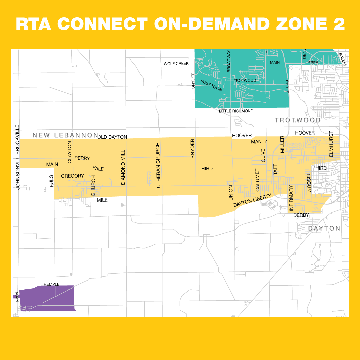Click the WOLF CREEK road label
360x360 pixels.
(x=176, y=64)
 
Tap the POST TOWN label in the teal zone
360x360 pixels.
(x=211, y=86)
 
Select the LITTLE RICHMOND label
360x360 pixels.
(x=236, y=111)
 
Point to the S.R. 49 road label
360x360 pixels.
(x=287, y=87)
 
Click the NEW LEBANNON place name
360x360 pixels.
(x=65, y=135)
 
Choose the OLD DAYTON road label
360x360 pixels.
(x=113, y=137)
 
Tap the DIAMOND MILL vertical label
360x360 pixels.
(x=123, y=167)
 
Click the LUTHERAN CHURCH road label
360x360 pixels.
(x=158, y=167)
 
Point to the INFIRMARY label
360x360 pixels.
(x=291, y=198)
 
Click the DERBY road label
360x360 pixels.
(x=301, y=215)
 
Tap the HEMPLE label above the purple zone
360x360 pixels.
(x=51, y=284)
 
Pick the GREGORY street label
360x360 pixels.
(x=72, y=176)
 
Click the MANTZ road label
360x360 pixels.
(x=259, y=142)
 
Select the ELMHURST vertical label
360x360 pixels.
(x=331, y=144)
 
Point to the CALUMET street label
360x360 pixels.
(x=257, y=180)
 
